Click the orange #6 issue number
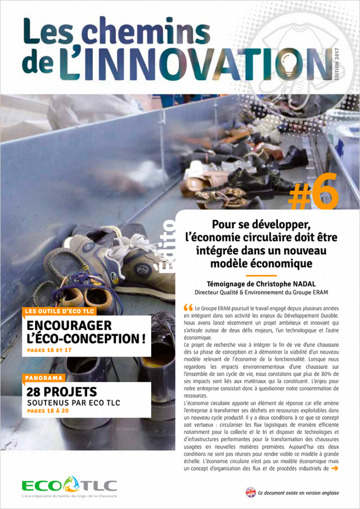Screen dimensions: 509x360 (314, 192)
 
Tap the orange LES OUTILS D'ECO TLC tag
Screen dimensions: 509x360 (59, 312)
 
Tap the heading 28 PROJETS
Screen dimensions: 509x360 (62, 392)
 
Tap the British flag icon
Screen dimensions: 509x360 (251, 492)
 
